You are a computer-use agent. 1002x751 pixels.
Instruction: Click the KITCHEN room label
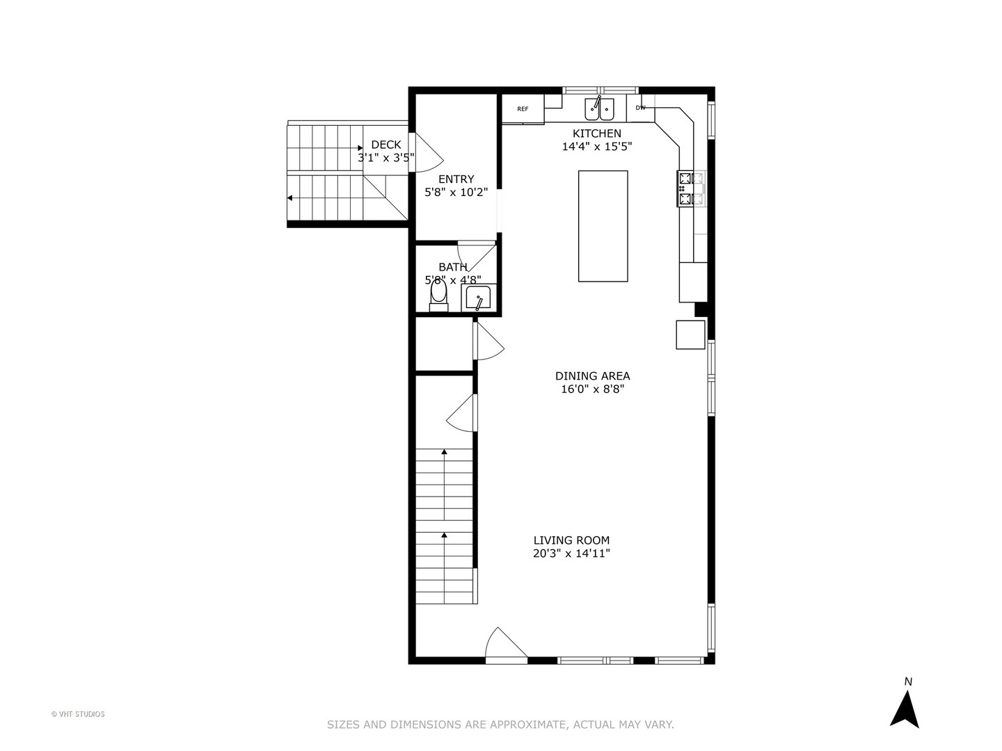point(596,134)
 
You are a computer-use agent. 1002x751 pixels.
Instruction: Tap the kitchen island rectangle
point(603,226)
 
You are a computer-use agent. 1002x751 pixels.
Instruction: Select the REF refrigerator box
point(523,109)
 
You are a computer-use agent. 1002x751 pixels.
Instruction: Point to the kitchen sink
point(598,108)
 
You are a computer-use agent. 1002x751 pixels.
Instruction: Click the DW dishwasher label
point(640,108)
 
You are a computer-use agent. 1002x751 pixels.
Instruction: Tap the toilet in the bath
point(438,295)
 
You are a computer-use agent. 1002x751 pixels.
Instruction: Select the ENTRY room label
point(456,179)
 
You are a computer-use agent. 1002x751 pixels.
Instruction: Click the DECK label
point(385,145)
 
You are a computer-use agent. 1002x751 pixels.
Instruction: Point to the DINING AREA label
point(592,376)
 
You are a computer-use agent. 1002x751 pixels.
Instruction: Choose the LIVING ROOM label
point(571,540)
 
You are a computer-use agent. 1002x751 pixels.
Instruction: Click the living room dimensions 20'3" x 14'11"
point(571,554)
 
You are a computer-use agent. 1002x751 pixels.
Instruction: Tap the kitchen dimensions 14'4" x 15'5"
point(596,147)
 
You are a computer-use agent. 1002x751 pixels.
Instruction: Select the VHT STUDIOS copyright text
point(78,714)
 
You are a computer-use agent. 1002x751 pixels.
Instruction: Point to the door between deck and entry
point(423,152)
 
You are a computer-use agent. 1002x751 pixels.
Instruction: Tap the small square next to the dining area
point(690,334)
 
